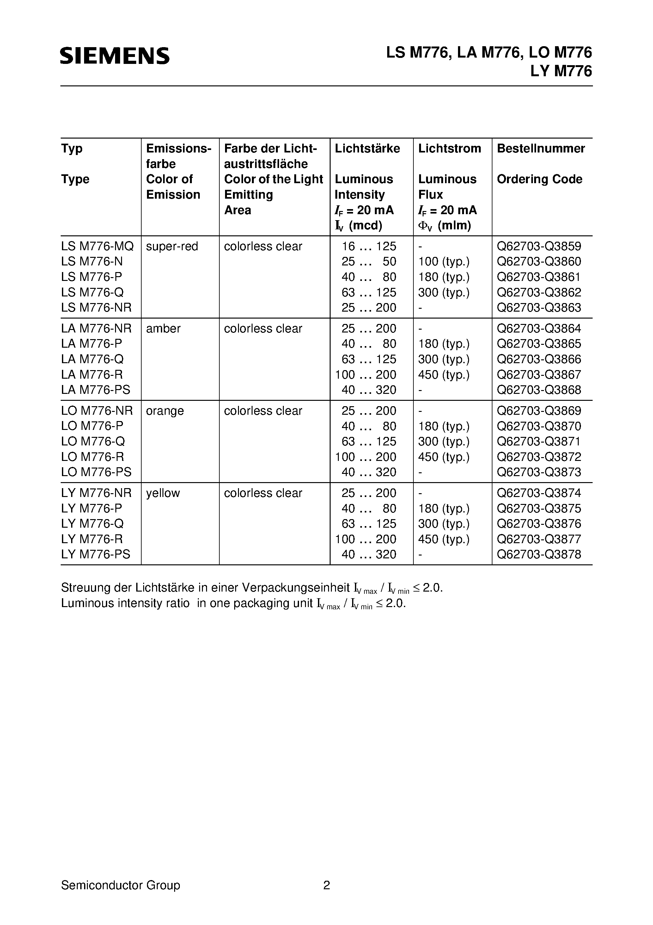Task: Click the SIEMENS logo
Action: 115,56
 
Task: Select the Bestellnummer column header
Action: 541,148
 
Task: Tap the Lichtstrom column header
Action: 449,148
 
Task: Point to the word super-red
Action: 172,246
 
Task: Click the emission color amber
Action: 163,328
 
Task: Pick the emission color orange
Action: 165,411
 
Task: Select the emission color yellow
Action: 163,493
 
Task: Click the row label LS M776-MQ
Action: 97,246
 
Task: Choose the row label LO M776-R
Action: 93,456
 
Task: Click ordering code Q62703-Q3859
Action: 539,246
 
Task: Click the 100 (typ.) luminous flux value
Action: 444,262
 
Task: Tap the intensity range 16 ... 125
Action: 369,246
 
